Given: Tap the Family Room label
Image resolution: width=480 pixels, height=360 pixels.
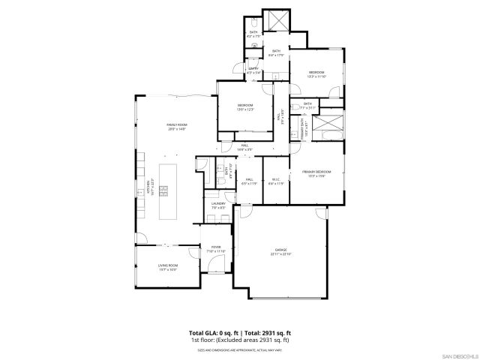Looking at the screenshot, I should coord(176,126).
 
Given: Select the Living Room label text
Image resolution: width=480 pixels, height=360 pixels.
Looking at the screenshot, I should coord(167,266).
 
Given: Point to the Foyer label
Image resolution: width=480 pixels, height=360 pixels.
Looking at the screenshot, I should coord(216,249).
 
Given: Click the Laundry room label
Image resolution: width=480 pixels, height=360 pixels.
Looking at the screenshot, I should coord(218,205).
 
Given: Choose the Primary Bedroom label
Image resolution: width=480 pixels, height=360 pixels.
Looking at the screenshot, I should coord(317,173).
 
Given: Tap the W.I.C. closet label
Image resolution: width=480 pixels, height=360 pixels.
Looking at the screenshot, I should coord(276,180).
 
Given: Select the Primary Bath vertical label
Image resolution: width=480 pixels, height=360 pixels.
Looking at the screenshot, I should coord(305,127).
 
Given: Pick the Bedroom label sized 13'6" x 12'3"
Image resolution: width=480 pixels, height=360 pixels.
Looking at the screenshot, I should coord(245,106).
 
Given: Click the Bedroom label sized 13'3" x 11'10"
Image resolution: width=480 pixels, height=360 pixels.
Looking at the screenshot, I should coord(316,73).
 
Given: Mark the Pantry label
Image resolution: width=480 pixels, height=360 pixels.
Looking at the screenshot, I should coord(254,70).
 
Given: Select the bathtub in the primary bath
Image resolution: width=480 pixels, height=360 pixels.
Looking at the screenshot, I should coord(328,124).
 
